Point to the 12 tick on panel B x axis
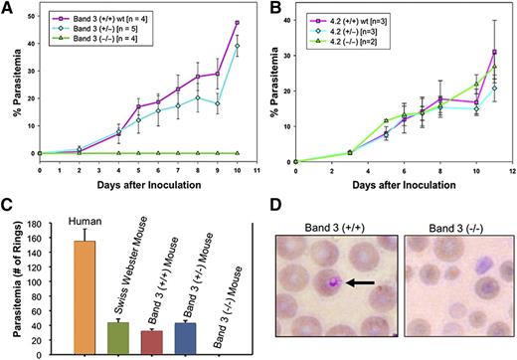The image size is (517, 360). pos(510,171)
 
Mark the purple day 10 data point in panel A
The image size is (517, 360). pos(238,22)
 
